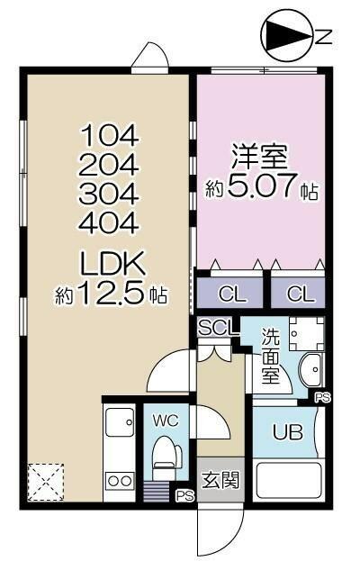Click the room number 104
point(112,136)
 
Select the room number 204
point(112,165)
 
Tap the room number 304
point(112,193)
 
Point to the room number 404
point(112,222)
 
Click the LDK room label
point(112,264)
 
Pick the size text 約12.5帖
point(112,294)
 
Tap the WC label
point(166,421)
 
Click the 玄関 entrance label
point(220,479)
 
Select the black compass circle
point(285,37)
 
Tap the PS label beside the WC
point(185,494)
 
